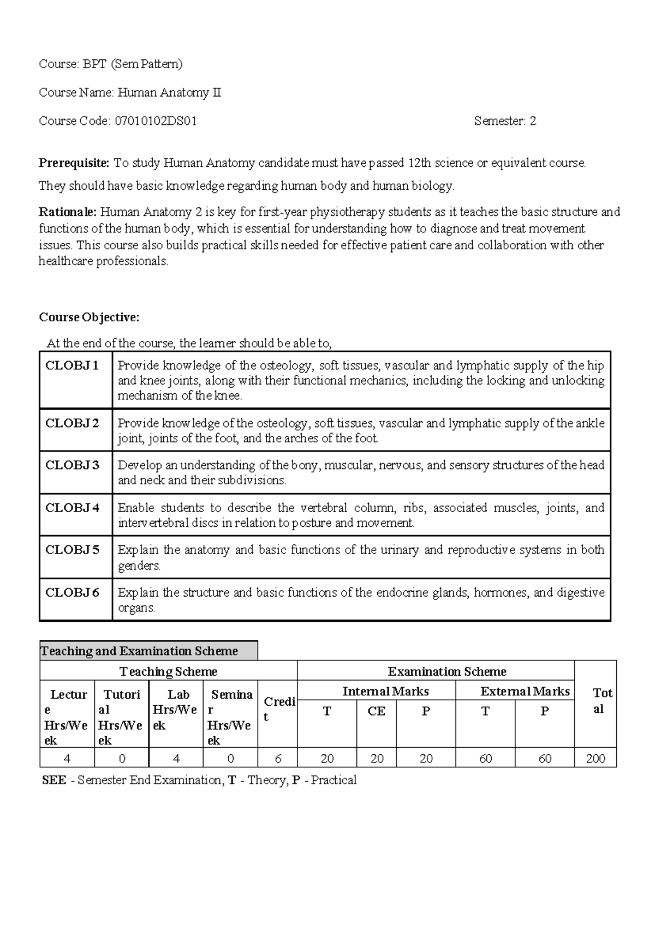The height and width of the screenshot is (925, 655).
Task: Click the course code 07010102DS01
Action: (x=156, y=121)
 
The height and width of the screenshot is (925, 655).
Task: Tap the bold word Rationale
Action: (x=68, y=212)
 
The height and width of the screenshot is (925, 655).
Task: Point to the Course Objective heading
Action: (x=89, y=317)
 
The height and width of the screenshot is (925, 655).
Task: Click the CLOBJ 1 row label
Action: (x=72, y=365)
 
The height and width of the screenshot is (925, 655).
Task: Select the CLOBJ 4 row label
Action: (x=72, y=508)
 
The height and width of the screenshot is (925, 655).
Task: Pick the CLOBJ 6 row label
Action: (x=72, y=592)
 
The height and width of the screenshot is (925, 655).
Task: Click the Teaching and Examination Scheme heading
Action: (x=140, y=651)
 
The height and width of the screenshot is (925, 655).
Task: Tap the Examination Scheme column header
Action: (x=446, y=671)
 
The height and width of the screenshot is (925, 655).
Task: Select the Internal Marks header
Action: (x=385, y=692)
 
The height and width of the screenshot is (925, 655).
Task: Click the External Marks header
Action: (x=525, y=692)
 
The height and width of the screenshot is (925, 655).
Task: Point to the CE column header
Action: (x=377, y=711)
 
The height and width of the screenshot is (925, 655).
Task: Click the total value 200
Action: (x=596, y=759)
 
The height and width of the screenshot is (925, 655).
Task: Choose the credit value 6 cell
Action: (x=278, y=759)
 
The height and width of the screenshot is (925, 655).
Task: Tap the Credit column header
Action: (x=279, y=709)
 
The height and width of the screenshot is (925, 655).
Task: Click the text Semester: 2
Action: (x=505, y=121)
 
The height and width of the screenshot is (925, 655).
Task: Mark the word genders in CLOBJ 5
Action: (x=139, y=566)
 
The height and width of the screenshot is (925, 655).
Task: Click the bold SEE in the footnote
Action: (x=54, y=780)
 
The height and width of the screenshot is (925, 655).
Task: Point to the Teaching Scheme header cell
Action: (x=168, y=671)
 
